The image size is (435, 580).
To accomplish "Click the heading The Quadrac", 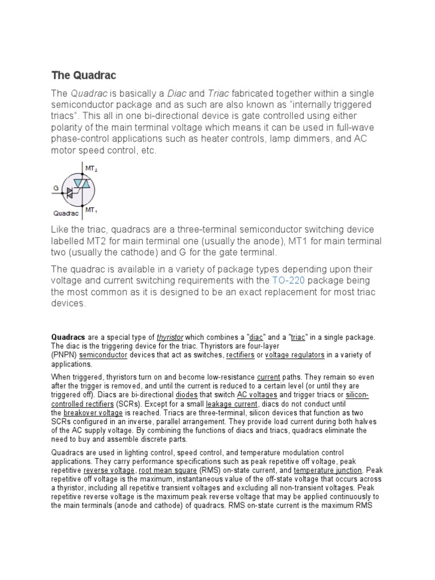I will point(84,75).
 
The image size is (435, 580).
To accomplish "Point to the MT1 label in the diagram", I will point(91,210).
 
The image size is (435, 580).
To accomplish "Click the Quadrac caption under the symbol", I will point(65,214).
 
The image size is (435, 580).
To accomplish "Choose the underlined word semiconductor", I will point(104,355).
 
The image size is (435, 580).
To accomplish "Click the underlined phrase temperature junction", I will point(327,470).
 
